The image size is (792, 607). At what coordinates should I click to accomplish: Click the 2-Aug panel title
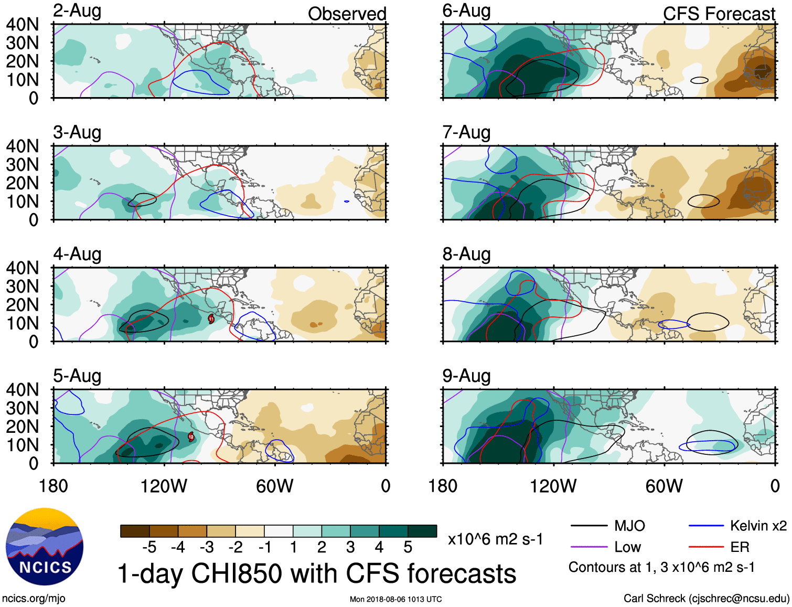coord(77,11)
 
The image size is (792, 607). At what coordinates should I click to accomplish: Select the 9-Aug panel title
coord(466,376)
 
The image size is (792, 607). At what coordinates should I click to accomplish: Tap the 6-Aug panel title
coord(466,11)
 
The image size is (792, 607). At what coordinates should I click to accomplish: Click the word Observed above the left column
coord(347,14)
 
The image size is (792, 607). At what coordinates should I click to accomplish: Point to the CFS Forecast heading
coord(719,14)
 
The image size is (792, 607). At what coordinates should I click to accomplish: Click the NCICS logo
coord(45,547)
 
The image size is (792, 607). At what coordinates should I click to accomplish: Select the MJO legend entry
coord(629,526)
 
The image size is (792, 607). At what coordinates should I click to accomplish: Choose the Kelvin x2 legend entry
coord(758,526)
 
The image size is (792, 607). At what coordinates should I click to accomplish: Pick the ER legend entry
coord(740,547)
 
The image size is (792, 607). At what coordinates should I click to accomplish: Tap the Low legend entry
coord(627,547)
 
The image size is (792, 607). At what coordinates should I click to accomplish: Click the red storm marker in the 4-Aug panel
coord(211,318)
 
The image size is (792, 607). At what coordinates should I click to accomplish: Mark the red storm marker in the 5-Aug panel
coord(191,436)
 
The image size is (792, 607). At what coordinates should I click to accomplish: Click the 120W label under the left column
coord(164,486)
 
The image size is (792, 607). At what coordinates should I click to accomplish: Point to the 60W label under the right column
coord(664,486)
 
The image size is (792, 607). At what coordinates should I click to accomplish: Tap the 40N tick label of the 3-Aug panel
coord(23,146)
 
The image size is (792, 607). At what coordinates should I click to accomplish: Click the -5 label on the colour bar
coord(149,547)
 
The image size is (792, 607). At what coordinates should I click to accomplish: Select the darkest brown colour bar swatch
coord(135,531)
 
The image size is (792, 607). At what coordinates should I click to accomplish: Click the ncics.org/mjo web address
coord(34,599)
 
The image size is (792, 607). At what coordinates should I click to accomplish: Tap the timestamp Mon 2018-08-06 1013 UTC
coord(395,599)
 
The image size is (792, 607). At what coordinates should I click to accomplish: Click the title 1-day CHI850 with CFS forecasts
coord(317,573)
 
